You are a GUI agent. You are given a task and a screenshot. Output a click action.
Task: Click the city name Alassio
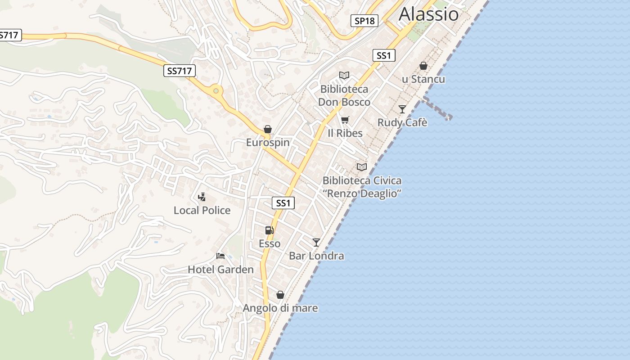point(428,14)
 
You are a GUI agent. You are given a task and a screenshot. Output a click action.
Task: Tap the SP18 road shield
point(364,21)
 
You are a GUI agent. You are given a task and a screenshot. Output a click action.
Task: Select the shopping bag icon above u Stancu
point(423,66)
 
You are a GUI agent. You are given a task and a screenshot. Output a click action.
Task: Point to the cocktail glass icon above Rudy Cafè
point(402,109)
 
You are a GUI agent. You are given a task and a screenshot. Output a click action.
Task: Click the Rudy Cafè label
point(402,122)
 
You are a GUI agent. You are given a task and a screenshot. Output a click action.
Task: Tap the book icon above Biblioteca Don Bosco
point(344,76)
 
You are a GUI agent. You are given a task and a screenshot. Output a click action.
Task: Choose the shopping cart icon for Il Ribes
point(345,120)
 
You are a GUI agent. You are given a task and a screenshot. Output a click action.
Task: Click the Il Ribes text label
point(345,133)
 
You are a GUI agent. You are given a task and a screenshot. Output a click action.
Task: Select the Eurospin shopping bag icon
point(268,130)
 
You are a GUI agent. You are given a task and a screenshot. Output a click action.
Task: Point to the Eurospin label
point(268,143)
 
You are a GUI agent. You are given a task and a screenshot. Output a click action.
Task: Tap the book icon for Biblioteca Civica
point(362,167)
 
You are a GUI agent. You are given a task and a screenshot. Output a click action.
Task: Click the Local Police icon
point(202,197)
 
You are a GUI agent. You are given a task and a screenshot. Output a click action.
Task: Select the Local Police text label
point(202,210)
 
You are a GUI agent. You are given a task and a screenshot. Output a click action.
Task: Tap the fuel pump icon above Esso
point(270,230)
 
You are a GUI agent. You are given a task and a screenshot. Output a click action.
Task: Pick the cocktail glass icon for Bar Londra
point(316,243)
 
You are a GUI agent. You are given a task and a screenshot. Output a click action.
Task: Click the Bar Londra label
point(316,256)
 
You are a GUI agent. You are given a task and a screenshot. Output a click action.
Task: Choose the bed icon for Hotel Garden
point(220,256)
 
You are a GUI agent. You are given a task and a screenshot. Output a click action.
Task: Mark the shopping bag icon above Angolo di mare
point(280,295)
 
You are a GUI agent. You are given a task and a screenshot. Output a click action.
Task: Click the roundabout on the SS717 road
point(216,91)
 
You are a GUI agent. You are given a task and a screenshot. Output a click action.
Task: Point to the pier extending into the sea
point(436,108)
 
